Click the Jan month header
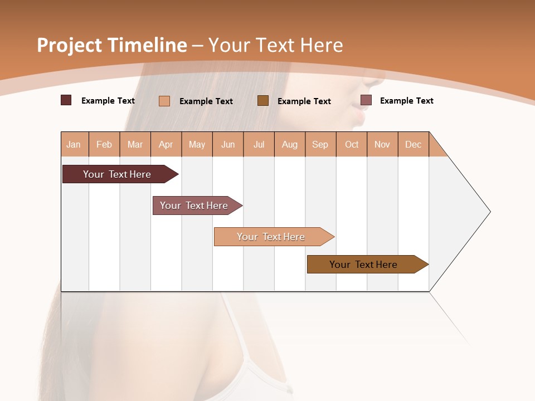[74, 144]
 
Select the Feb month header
[104, 144]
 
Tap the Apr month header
[166, 144]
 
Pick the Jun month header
[228, 144]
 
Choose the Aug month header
[290, 144]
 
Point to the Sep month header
[320, 144]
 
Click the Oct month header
[352, 144]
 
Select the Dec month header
[414, 144]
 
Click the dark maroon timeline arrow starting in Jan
[117, 174]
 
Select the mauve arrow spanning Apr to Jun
[194, 206]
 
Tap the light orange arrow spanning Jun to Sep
[271, 237]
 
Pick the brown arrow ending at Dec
[363, 265]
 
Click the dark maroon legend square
[66, 100]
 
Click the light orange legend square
[164, 101]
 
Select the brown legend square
[263, 100]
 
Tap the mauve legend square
[366, 100]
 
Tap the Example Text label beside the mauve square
[406, 101]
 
